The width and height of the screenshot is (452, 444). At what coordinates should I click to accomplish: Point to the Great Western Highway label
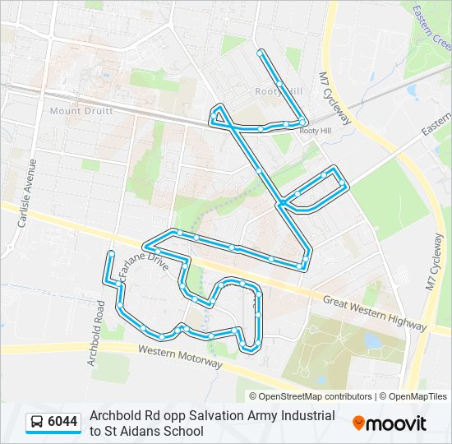tap(362, 312)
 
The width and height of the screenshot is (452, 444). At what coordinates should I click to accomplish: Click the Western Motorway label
tap(180, 355)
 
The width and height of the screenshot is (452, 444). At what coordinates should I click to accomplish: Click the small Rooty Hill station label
tap(315, 131)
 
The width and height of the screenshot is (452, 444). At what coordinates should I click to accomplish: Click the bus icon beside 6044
tap(37, 423)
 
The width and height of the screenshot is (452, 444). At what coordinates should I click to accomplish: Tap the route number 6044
tap(62, 423)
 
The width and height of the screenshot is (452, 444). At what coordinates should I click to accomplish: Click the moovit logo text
tap(396, 423)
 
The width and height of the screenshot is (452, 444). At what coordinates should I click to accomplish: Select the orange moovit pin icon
tap(358, 423)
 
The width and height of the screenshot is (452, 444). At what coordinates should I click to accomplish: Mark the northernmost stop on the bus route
tap(261, 53)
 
